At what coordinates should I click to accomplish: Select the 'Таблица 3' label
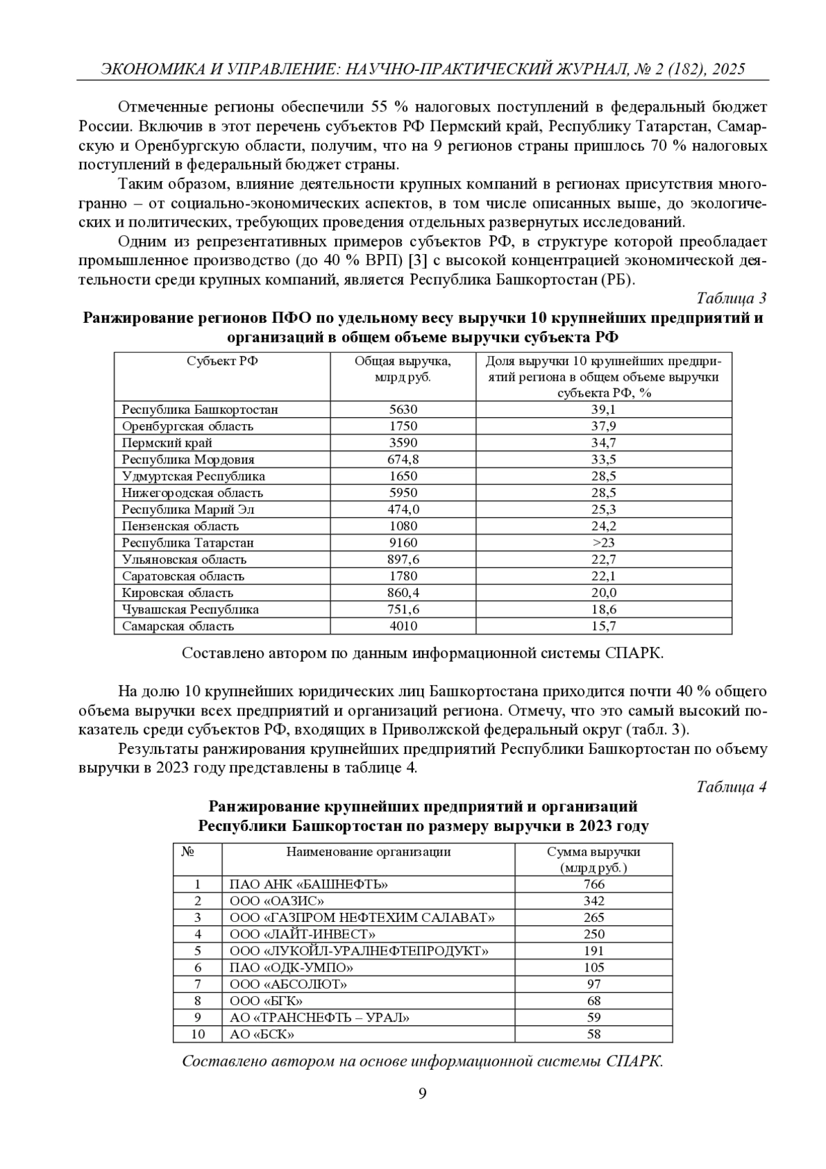click(x=731, y=298)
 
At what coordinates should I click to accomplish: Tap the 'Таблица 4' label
click(x=731, y=786)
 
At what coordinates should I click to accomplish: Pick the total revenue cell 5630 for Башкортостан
click(x=403, y=410)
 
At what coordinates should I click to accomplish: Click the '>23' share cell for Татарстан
click(x=603, y=543)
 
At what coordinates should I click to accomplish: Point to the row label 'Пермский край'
click(x=167, y=443)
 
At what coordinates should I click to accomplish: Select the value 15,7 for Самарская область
click(x=603, y=626)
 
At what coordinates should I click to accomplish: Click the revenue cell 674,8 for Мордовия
click(x=403, y=459)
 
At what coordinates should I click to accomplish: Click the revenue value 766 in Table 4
click(x=593, y=885)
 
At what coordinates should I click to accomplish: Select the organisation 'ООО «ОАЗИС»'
click(x=277, y=901)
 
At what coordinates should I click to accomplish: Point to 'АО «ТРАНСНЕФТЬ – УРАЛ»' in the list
click(x=319, y=1018)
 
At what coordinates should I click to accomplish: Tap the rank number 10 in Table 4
click(x=198, y=1034)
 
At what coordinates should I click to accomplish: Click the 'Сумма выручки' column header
click(x=593, y=852)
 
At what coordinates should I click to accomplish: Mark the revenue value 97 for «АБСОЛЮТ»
click(x=593, y=984)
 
